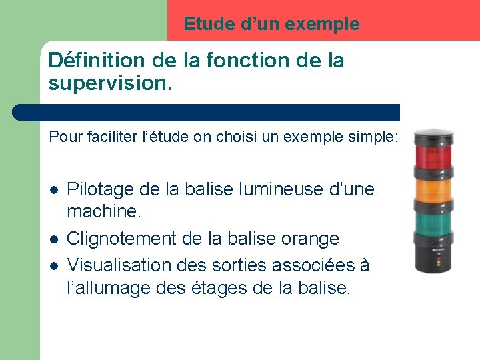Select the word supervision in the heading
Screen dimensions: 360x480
pos(108,83)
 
